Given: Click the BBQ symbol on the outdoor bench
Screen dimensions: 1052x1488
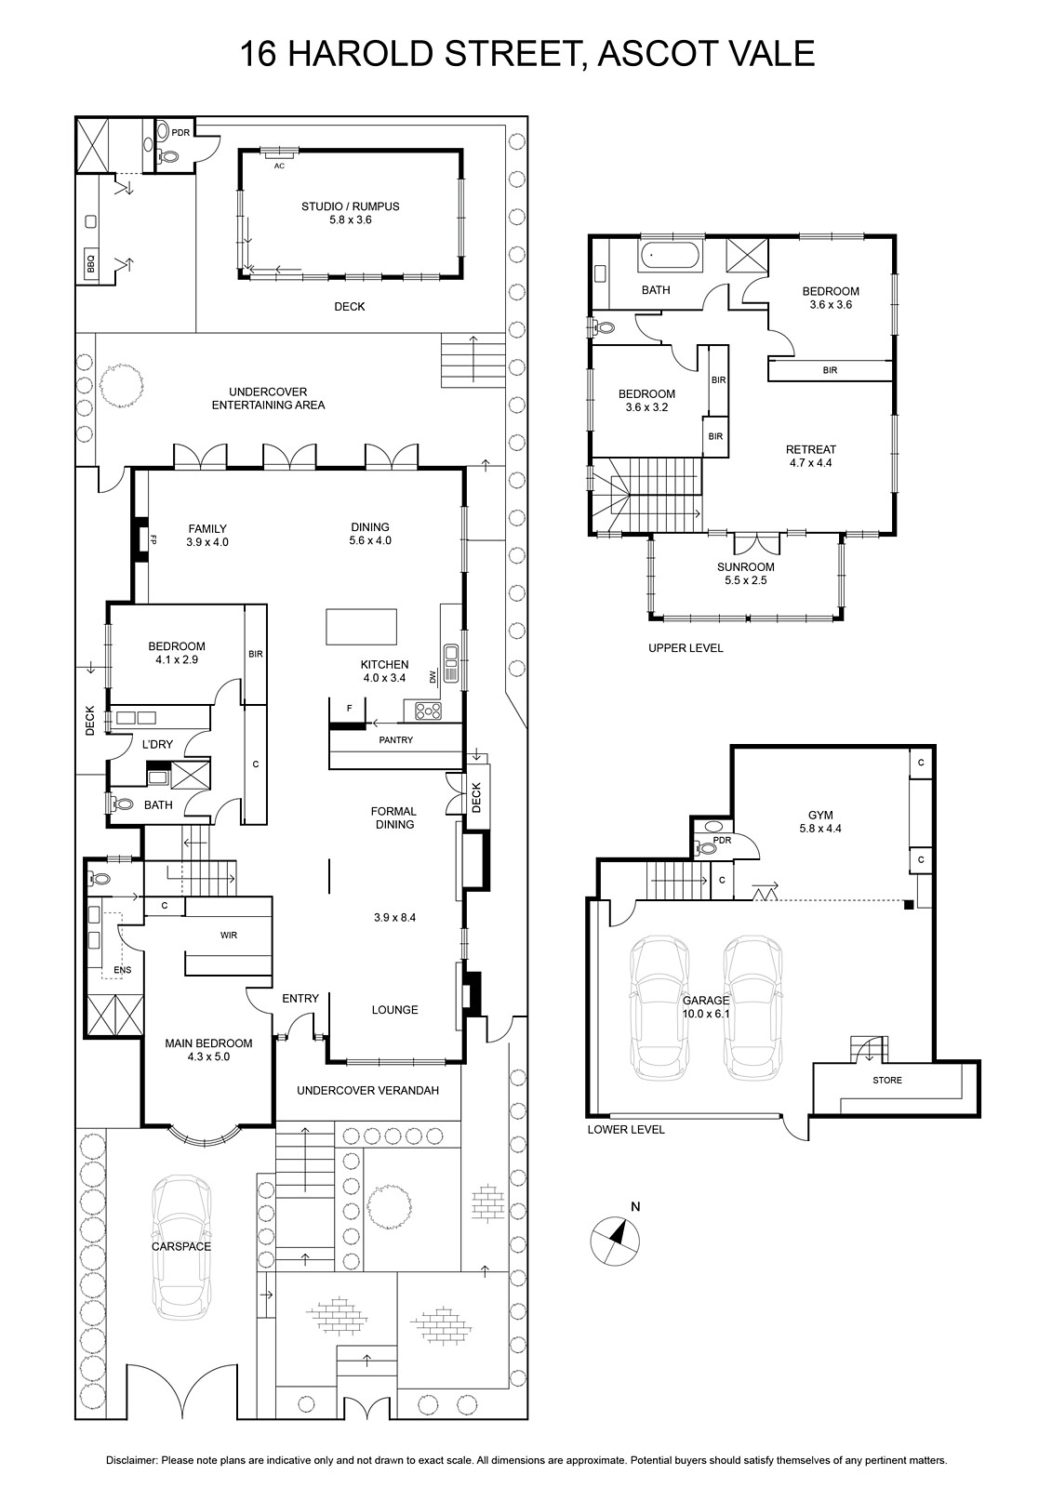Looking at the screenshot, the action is point(90,264).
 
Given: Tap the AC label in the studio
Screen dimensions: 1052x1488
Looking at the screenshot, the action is point(279,166).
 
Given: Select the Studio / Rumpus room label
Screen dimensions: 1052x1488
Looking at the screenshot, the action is point(351,213).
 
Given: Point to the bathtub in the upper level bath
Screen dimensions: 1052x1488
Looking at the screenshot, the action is point(670,256).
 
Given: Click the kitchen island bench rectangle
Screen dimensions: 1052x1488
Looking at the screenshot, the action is point(361,627).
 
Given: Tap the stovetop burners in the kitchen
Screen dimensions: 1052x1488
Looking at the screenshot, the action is point(428,711).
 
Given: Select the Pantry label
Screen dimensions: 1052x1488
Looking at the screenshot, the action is point(396,739).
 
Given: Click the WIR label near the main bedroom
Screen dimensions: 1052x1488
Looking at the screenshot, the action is point(229,936).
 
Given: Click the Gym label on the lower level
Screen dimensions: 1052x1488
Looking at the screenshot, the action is point(820,822).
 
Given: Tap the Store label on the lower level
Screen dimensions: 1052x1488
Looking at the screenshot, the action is point(887,1080).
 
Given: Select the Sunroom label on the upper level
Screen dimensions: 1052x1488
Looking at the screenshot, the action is point(746,573).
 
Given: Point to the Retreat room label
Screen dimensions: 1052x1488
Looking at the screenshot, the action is point(811,457).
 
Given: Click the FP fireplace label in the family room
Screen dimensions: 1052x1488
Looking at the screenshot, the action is point(153,539).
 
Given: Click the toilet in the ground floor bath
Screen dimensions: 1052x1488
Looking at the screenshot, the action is point(120,804).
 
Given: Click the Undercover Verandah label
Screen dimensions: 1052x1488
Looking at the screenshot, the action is point(367,1090).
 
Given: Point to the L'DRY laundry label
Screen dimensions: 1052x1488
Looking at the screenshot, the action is point(157,744).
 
